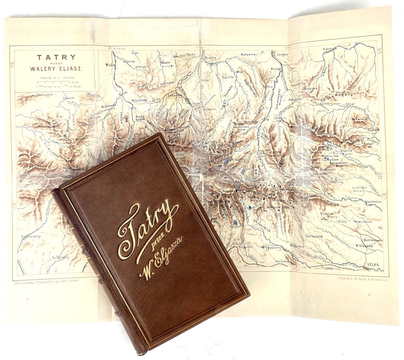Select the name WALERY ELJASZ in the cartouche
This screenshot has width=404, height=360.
point(56,68)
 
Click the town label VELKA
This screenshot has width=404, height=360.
point(372,264)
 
